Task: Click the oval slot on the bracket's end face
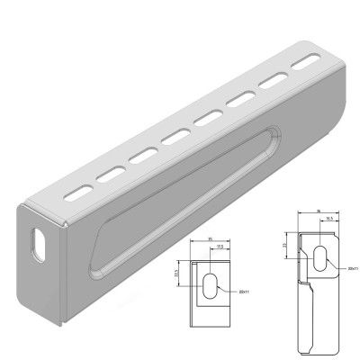(38, 244)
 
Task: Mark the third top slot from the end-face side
(141, 155)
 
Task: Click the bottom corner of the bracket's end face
(61, 322)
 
